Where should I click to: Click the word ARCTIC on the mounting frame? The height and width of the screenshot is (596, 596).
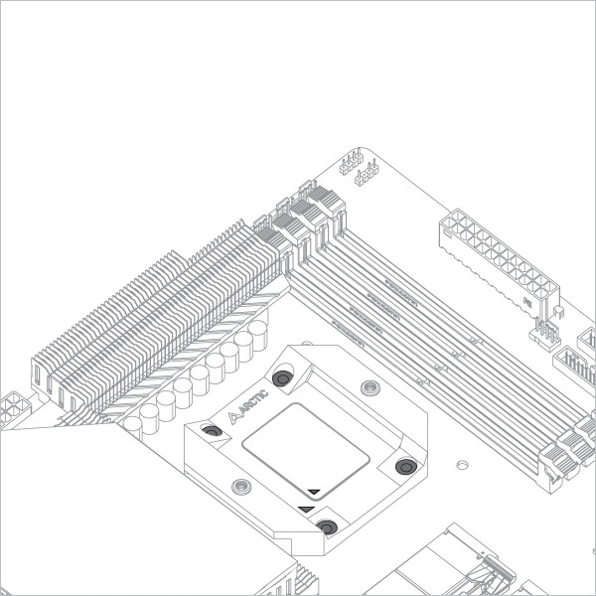pyautogui.click(x=254, y=401)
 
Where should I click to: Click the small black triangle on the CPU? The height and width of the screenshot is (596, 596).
pyautogui.click(x=314, y=492)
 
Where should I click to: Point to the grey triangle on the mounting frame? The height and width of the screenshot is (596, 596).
pyautogui.click(x=306, y=509)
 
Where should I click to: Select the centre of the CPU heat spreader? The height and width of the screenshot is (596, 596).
pyautogui.click(x=306, y=452)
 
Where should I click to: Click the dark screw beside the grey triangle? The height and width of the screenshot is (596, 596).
pyautogui.click(x=327, y=527)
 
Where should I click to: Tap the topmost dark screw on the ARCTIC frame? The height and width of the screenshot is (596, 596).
pyautogui.click(x=283, y=378)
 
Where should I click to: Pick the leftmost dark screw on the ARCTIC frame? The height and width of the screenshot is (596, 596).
pyautogui.click(x=213, y=431)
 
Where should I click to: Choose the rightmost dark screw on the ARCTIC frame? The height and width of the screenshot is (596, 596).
pyautogui.click(x=406, y=467)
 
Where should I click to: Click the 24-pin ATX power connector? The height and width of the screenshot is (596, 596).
pyautogui.click(x=500, y=262)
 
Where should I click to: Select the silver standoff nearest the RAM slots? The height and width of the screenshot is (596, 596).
pyautogui.click(x=370, y=387)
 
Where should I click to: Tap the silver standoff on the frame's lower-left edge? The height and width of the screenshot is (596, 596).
pyautogui.click(x=241, y=486)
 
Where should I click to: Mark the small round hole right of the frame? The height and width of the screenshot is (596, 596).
pyautogui.click(x=462, y=465)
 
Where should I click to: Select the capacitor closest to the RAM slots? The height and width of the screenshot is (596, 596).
pyautogui.click(x=257, y=335)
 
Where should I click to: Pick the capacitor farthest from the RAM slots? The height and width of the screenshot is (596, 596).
pyautogui.click(x=133, y=427)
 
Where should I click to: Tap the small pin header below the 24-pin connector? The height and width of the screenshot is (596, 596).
pyautogui.click(x=545, y=332)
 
